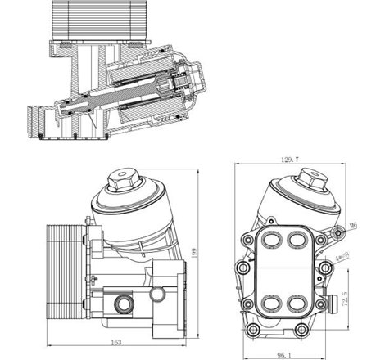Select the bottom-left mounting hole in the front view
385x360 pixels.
pos(255,330)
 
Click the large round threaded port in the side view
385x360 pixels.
pos(122,304)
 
